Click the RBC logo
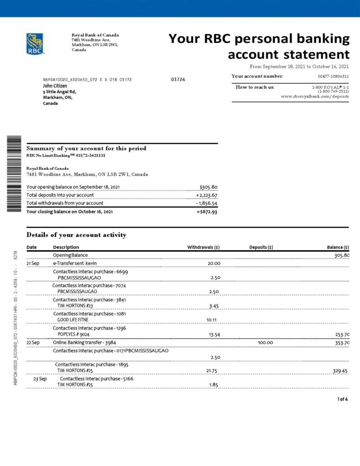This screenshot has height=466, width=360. pyautogui.click(x=35, y=44)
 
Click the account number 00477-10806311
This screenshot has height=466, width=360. pyautogui.click(x=333, y=76)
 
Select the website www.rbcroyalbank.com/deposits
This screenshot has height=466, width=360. pyautogui.click(x=314, y=96)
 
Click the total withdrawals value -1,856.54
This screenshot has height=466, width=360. pyautogui.click(x=207, y=203)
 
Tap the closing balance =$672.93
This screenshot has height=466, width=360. pyautogui.click(x=207, y=212)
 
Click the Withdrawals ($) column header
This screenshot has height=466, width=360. pyautogui.click(x=203, y=248)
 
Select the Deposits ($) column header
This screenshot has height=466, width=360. pyautogui.click(x=261, y=248)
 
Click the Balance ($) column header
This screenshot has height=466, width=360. pyautogui.click(x=338, y=248)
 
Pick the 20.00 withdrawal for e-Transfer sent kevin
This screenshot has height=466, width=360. pyautogui.click(x=214, y=263)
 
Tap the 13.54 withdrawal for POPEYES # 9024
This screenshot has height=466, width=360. pyautogui.click(x=214, y=334)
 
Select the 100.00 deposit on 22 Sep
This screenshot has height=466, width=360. pyautogui.click(x=265, y=343)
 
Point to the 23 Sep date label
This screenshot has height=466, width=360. pyautogui.click(x=40, y=379)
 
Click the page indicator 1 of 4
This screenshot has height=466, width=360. pyautogui.click(x=342, y=399)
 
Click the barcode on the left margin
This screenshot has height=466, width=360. pyautogui.click(x=14, y=174)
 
